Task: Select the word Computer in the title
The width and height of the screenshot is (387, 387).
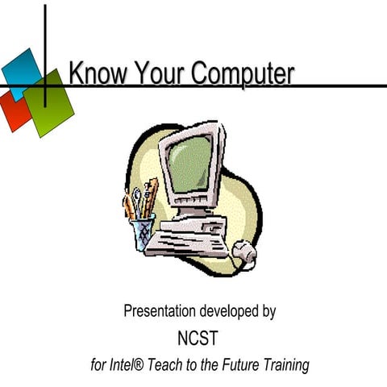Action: (x=239, y=74)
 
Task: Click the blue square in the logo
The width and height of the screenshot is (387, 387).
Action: (x=23, y=71)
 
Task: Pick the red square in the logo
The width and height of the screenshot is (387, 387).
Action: (x=14, y=112)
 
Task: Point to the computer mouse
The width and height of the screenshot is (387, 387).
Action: (x=243, y=255)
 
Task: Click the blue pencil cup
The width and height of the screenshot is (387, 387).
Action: (x=144, y=233)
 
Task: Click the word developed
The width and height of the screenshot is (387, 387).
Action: (x=233, y=310)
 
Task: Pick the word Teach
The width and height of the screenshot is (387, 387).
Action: (x=177, y=364)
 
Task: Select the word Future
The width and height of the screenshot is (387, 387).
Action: (x=243, y=364)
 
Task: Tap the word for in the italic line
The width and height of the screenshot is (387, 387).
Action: (x=99, y=364)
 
